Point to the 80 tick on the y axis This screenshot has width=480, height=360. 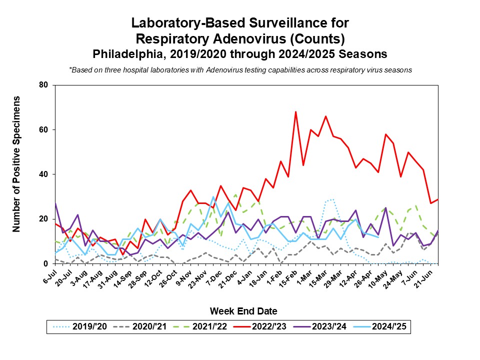43,85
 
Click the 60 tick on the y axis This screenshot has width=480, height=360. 43,130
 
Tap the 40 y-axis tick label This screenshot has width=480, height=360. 43,174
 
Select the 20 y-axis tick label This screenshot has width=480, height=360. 43,219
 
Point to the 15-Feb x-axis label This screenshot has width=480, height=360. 288,277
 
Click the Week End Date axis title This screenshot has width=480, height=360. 243,311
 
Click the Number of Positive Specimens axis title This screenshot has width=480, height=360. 16,164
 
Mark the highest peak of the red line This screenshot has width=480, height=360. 295,112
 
